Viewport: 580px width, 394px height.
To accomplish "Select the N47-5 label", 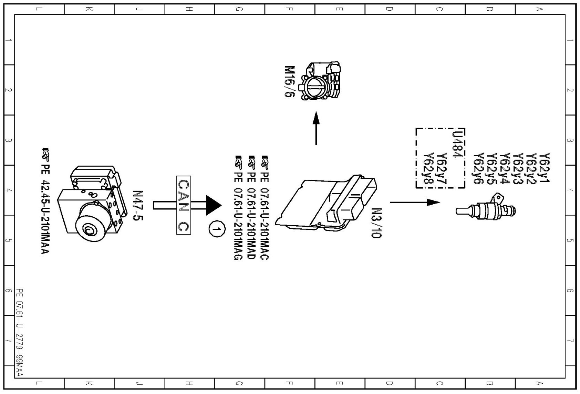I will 138,206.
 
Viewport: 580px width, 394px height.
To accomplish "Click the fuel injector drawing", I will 486,208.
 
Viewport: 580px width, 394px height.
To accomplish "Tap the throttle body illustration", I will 322,81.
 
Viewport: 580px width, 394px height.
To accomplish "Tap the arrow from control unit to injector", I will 415,202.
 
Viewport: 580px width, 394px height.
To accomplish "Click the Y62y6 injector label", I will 477,169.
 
